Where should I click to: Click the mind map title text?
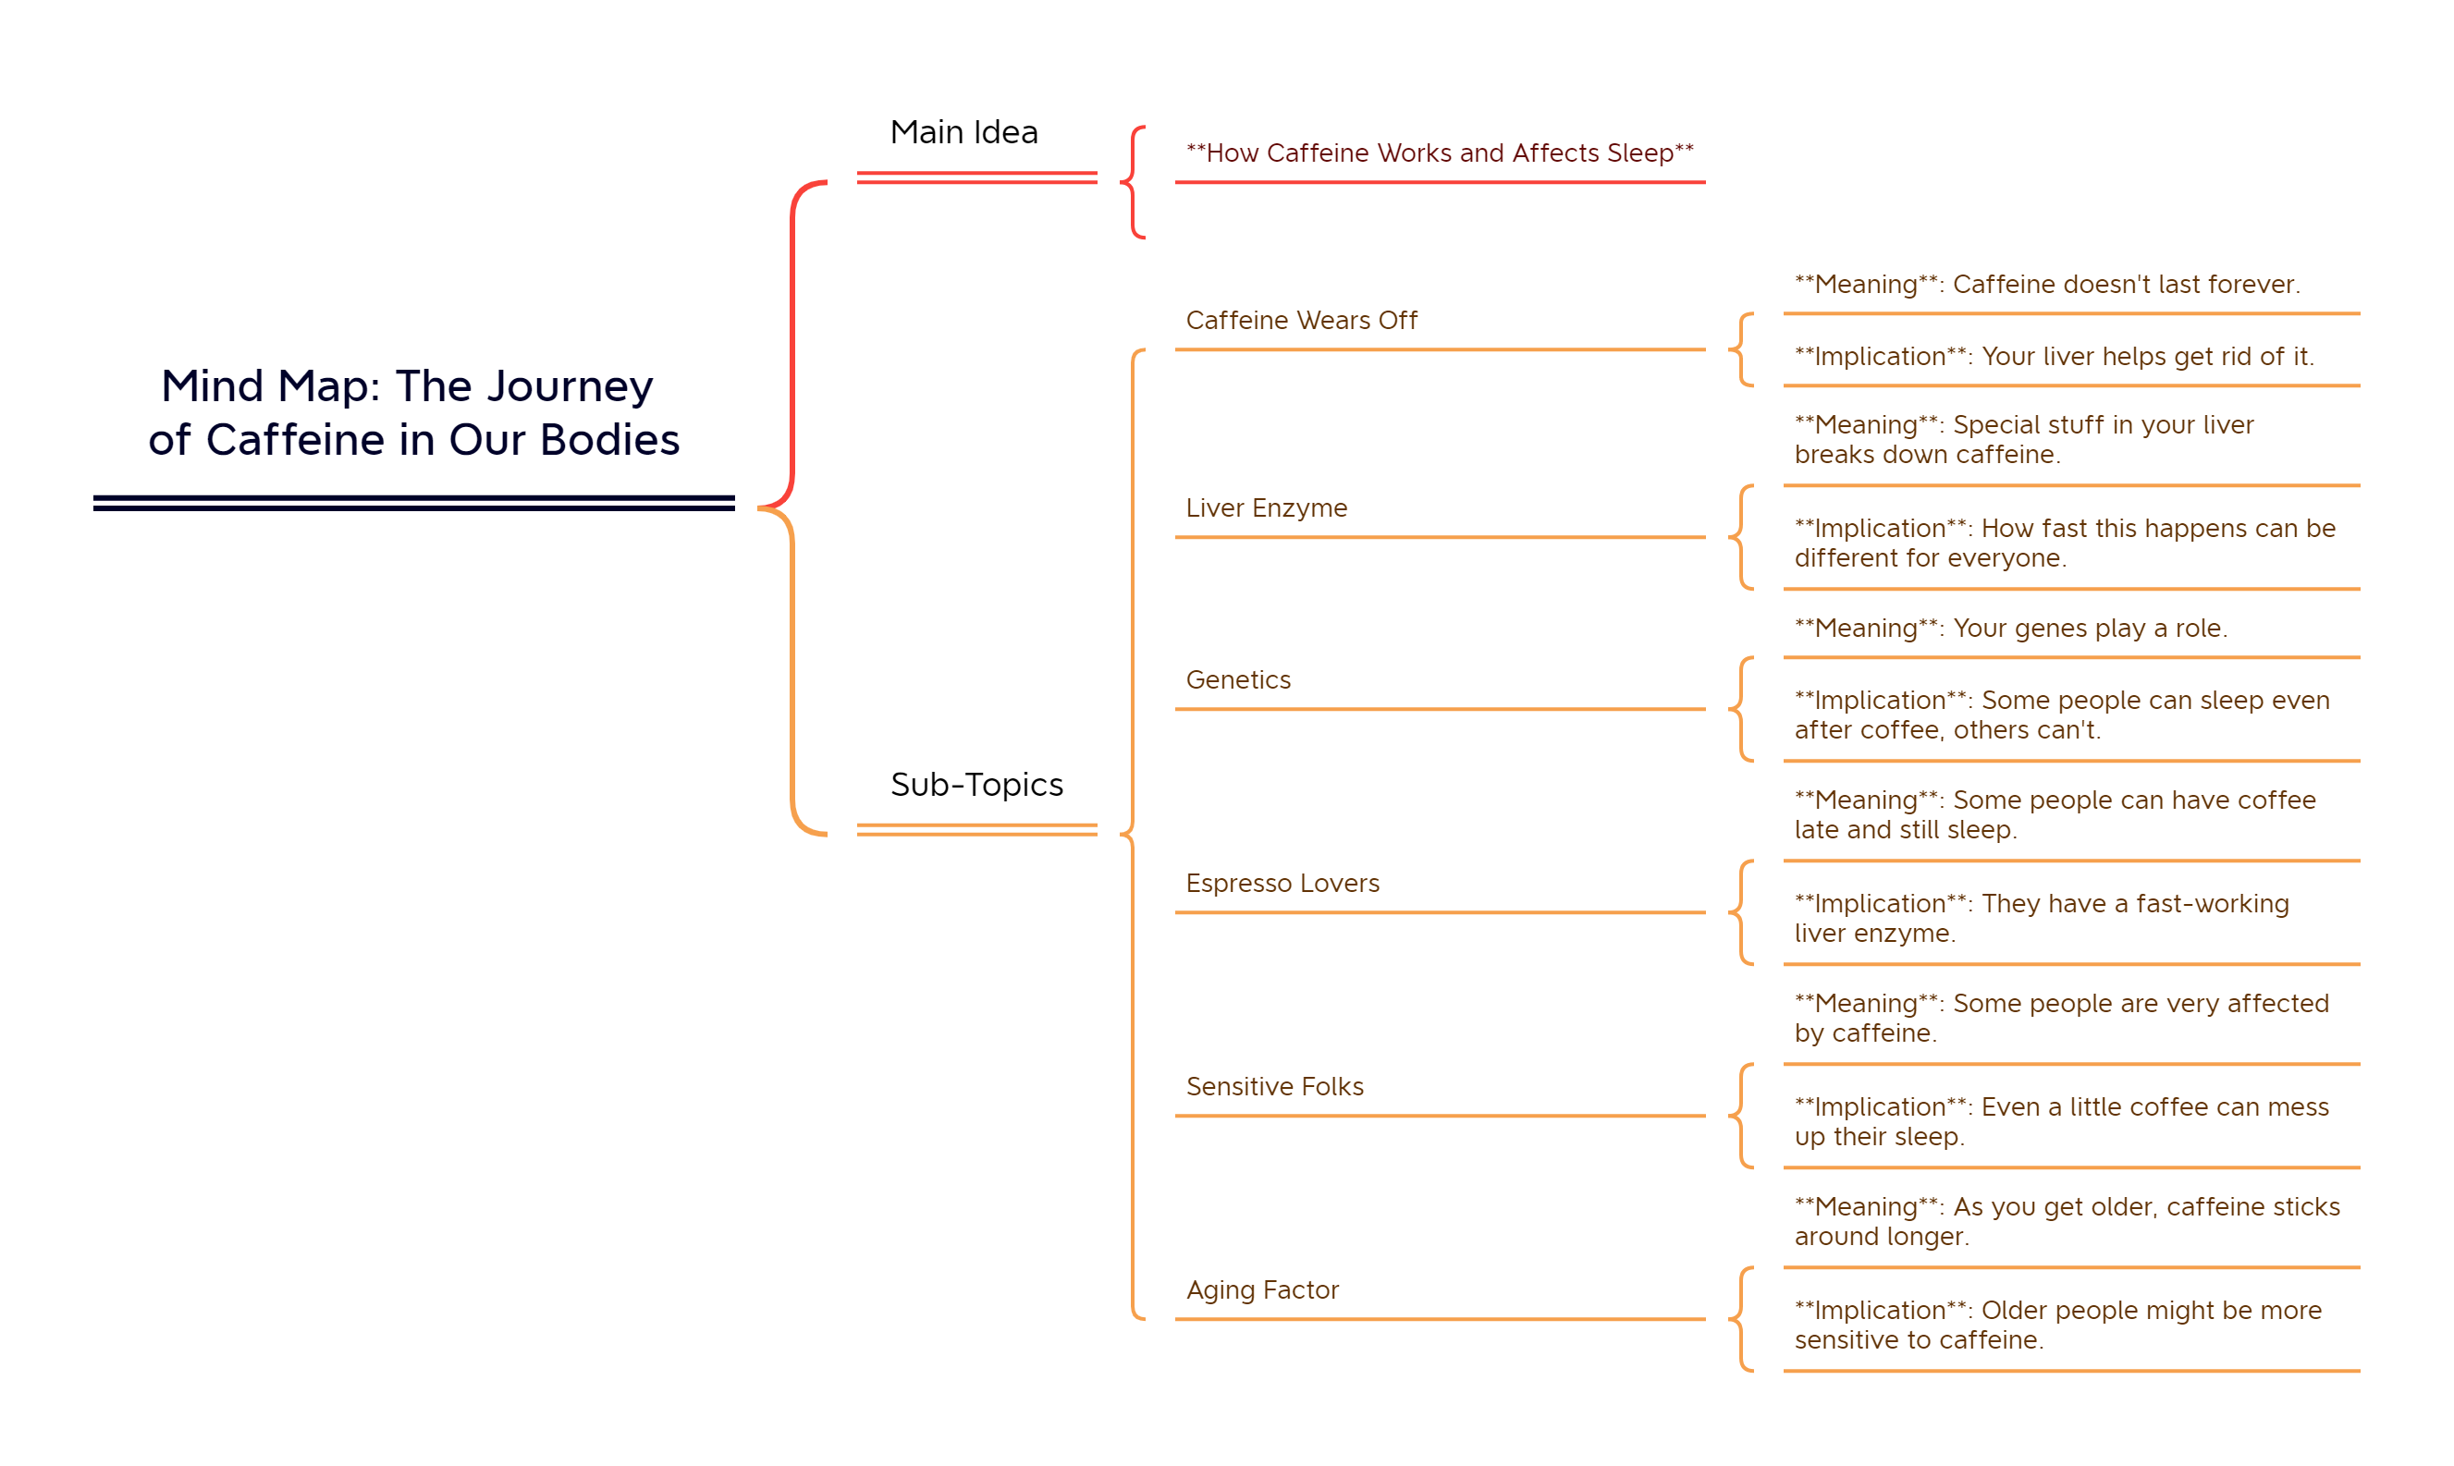coord(413,412)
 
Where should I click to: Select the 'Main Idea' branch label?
coord(963,132)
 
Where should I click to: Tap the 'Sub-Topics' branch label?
coord(976,785)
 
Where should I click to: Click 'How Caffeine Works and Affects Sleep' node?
coord(1440,153)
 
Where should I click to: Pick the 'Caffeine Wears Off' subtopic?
coord(1301,320)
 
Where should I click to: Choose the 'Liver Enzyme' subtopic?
coord(1266,507)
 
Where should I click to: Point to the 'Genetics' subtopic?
coord(1238,679)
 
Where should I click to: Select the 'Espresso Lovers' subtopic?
coord(1282,883)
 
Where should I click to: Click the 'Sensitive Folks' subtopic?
coord(1274,1087)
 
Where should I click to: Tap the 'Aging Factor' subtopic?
coord(1261,1290)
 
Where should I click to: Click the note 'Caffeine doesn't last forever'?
coord(2047,285)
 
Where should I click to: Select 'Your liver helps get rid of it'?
coord(2054,357)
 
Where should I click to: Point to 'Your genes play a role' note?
coord(2010,629)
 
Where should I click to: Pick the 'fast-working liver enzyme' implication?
coord(2041,919)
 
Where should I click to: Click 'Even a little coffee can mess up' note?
coord(2061,1122)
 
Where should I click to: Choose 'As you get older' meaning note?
coord(2067,1222)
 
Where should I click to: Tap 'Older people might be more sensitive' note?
coord(2058,1326)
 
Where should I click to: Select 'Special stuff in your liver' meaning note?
coord(2023,440)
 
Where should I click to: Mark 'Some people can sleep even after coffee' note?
coord(2062,715)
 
